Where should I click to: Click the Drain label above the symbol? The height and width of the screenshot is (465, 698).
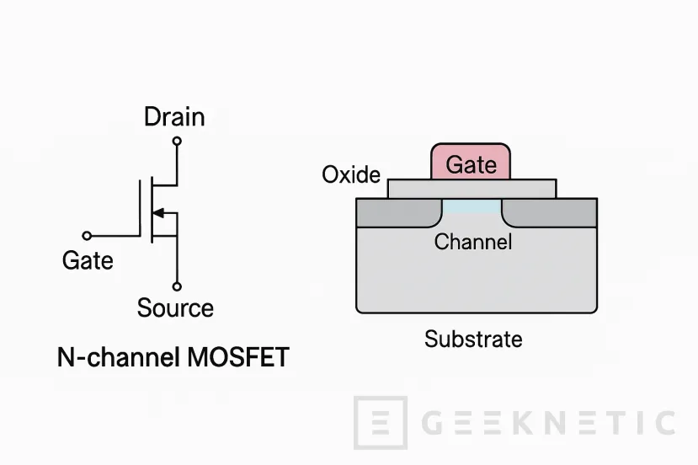tap(174, 116)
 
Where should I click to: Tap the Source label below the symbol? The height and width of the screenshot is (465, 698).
tap(175, 308)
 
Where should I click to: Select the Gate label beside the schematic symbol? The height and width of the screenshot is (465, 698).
tap(88, 261)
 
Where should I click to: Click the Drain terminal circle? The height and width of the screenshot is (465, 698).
tap(177, 141)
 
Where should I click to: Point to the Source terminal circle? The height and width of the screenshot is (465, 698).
tap(177, 286)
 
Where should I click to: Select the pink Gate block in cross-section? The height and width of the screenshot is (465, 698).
tap(471, 163)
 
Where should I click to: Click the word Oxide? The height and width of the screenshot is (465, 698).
tap(351, 175)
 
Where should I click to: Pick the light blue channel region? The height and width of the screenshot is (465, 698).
tap(472, 206)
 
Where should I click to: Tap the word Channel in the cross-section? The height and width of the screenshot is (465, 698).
tap(472, 243)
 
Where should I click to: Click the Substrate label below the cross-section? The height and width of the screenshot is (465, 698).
tap(473, 339)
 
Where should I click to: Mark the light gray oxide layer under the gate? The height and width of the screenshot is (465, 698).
tap(472, 188)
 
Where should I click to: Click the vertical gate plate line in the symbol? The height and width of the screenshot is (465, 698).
tap(140, 211)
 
